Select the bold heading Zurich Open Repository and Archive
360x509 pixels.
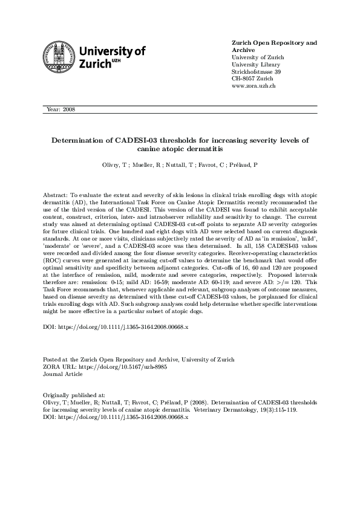(274, 47)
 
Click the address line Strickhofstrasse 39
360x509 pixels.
(256, 71)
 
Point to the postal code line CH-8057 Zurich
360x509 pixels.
(252, 79)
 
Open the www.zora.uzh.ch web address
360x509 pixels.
(254, 86)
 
